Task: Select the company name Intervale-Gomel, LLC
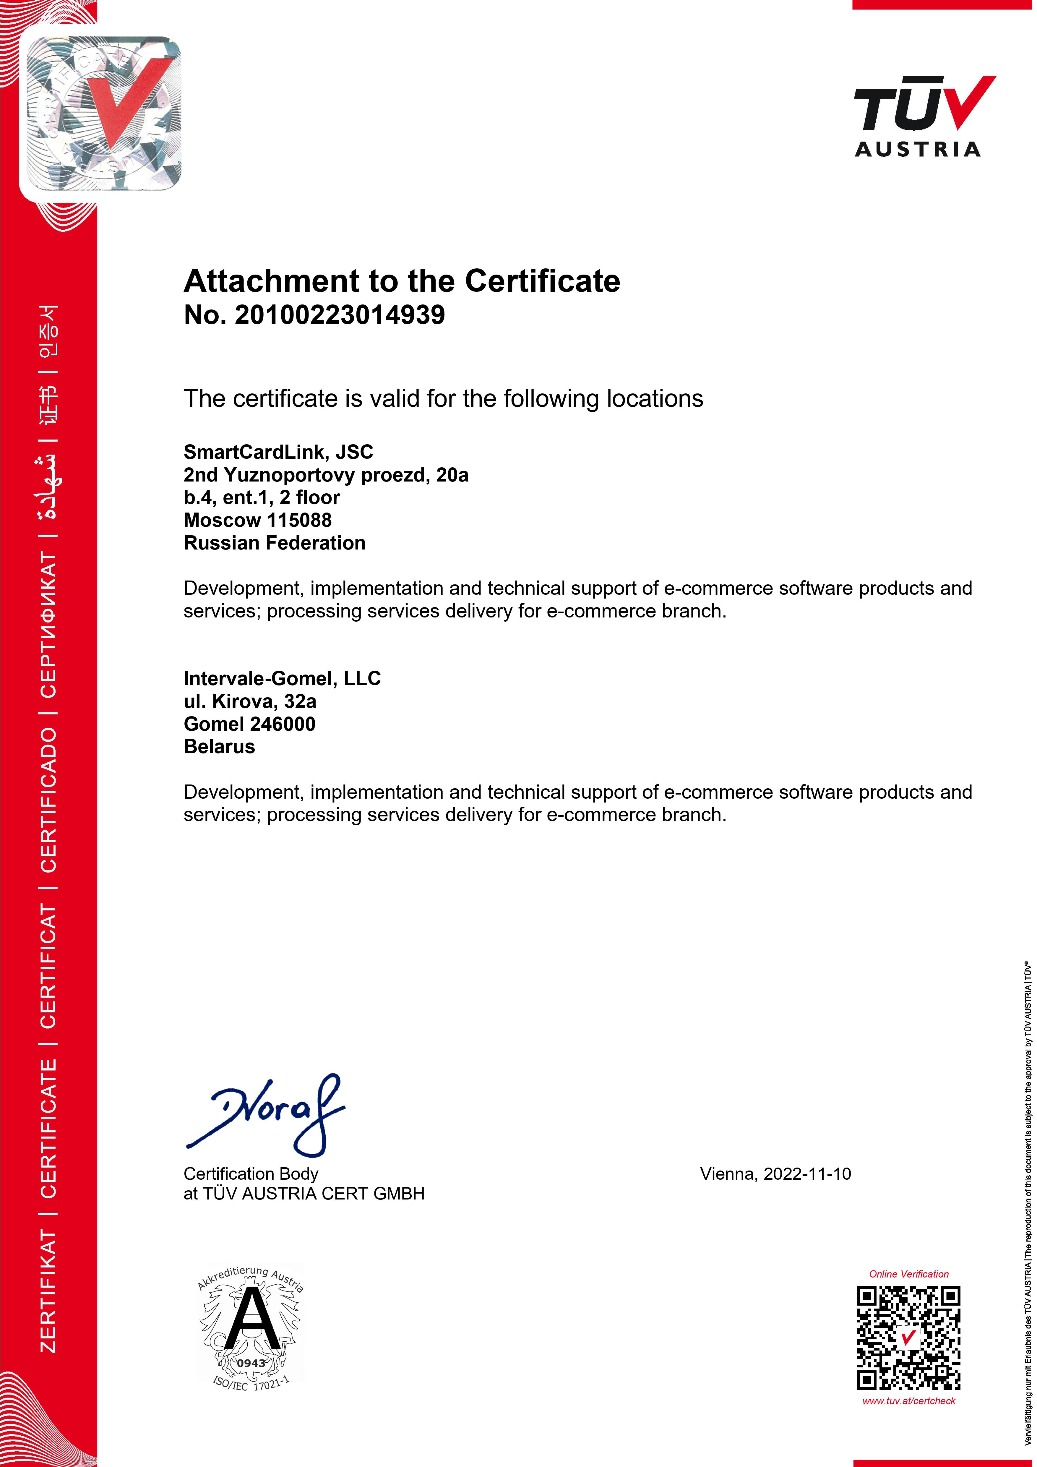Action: [282, 679]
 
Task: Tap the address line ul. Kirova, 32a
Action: [250, 701]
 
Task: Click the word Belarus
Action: [219, 747]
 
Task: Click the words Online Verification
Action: [908, 1274]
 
